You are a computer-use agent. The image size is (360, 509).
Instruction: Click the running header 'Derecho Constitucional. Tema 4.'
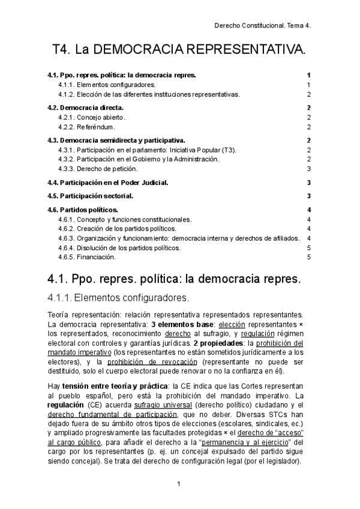(265, 26)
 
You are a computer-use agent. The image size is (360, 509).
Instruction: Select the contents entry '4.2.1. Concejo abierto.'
(92, 117)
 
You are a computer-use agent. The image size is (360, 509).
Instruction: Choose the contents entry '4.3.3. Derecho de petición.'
(98, 169)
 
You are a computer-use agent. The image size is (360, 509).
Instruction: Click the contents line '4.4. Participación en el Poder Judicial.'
(107, 182)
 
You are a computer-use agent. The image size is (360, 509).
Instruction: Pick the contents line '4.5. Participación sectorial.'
(90, 196)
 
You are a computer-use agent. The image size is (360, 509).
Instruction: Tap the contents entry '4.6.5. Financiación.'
(87, 257)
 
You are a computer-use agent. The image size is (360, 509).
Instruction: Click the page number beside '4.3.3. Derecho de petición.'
(308, 169)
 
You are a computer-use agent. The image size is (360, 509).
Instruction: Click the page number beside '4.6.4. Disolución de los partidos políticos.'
(308, 247)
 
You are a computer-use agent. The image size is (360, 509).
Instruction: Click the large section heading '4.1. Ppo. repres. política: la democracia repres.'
(173, 280)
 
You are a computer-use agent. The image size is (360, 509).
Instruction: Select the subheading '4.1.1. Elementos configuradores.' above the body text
(118, 298)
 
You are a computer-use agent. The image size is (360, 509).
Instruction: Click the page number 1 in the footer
(179, 483)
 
